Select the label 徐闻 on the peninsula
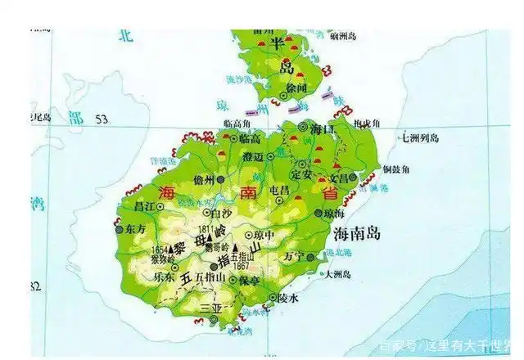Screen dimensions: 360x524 pos(296,87)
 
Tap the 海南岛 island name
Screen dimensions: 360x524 pos(358,234)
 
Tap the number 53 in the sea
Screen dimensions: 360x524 pos(102,119)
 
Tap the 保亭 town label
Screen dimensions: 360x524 pos(249,280)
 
